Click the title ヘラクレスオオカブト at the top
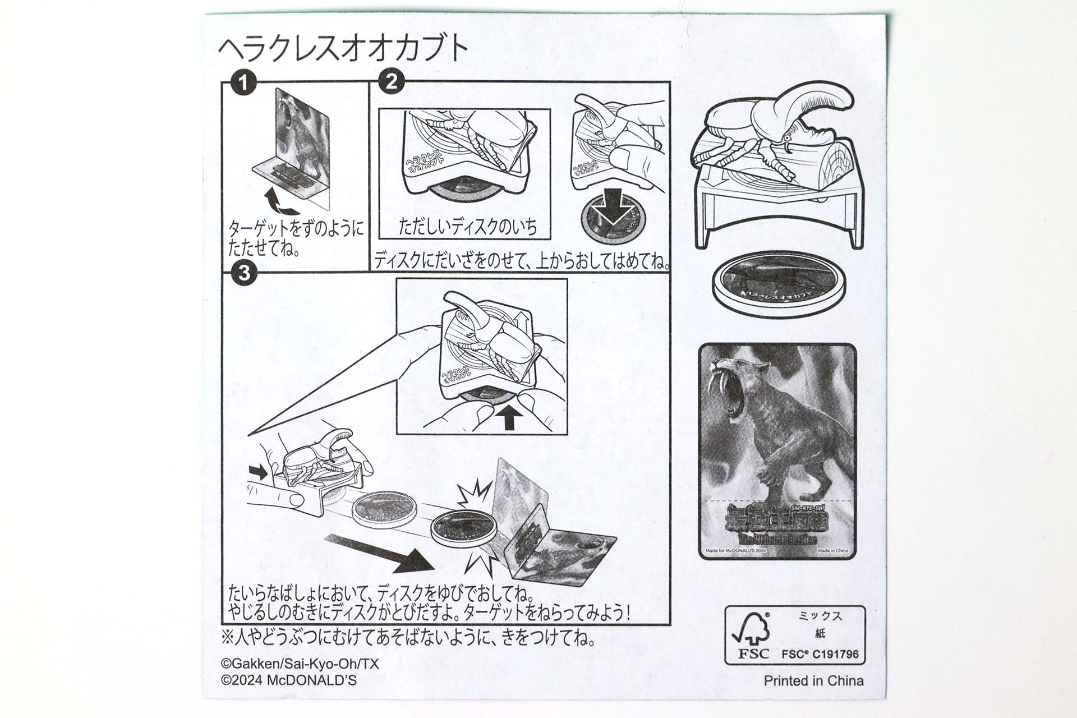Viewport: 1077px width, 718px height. pos(343,49)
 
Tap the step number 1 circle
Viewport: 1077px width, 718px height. pos(243,84)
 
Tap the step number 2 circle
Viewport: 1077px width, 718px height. pos(391,82)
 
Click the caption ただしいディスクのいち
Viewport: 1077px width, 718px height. pos(467,227)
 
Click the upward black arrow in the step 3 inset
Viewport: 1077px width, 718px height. pos(509,417)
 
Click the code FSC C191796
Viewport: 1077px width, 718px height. pos(820,654)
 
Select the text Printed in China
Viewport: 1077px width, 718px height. pos(813,681)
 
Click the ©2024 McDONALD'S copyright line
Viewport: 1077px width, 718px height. pos(289,680)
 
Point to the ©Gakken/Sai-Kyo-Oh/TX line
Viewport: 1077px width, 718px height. pos(300,664)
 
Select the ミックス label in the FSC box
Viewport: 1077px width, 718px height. pos(820,616)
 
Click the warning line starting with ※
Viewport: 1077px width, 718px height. pos(408,638)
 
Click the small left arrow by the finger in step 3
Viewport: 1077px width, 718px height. pos(259,471)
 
